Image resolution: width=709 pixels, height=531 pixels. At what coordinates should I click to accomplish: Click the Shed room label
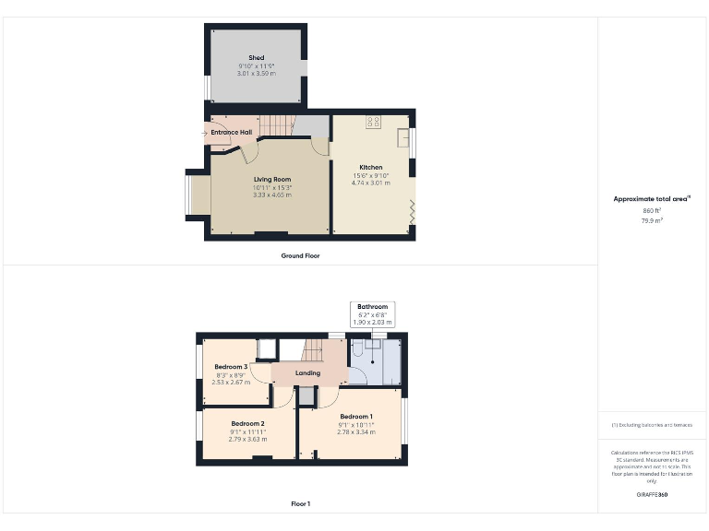[x=256, y=58]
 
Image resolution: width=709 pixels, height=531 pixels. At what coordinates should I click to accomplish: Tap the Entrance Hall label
[x=231, y=133]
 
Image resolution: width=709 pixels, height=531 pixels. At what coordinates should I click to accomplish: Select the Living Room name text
[x=272, y=180]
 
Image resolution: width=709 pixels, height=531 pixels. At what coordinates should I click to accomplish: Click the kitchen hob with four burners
[x=375, y=121]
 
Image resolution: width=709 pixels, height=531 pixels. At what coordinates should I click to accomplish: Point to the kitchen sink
[x=403, y=138]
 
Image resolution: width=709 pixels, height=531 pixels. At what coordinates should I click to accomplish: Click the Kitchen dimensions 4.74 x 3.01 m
[x=370, y=183]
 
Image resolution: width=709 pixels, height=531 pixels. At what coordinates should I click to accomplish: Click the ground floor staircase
[x=276, y=126]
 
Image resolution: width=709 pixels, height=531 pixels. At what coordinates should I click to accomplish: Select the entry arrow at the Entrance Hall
[x=205, y=134]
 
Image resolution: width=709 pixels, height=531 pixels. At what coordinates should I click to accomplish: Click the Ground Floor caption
[x=300, y=255]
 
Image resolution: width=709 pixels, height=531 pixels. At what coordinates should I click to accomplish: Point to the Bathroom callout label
[x=372, y=306]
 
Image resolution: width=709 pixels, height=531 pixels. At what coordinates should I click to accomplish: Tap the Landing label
[x=307, y=373]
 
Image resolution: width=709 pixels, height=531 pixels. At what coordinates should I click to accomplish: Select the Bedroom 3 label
[x=231, y=367]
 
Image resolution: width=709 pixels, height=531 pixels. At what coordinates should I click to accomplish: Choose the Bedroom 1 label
[x=355, y=417]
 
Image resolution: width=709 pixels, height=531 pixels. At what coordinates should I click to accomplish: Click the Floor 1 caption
[x=300, y=504]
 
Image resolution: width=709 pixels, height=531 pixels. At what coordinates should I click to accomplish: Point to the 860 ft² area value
[x=652, y=211]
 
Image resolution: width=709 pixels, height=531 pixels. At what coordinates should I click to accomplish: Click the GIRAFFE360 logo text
[x=652, y=495]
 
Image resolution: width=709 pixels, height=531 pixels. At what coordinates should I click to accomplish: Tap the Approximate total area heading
[x=651, y=199]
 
